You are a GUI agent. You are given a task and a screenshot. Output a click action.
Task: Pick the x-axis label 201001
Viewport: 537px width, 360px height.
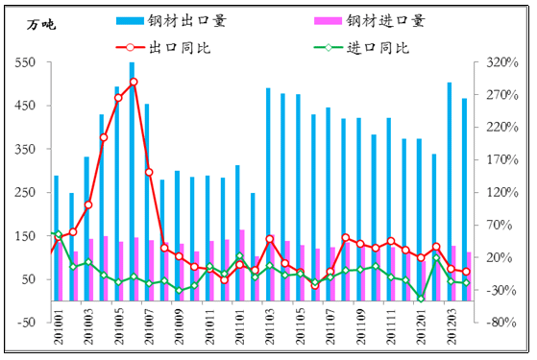coord(57,341)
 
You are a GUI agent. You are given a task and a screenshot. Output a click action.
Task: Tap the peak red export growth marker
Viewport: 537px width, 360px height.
coord(134,83)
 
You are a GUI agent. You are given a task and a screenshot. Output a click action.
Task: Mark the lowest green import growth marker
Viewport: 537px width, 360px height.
coord(421,299)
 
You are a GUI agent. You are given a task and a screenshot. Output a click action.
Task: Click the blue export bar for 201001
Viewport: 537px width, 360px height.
coord(56,230)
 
